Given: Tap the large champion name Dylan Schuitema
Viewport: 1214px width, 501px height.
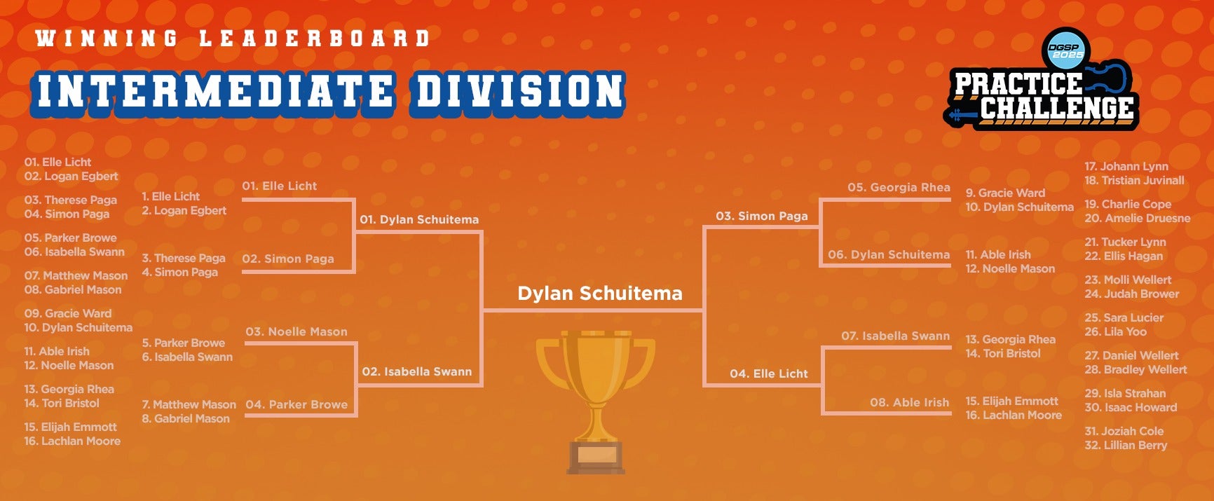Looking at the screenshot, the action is tap(600, 293).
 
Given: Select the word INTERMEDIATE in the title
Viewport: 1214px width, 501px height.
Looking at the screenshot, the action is tap(215, 92).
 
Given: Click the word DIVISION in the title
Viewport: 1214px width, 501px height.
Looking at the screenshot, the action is tap(519, 92).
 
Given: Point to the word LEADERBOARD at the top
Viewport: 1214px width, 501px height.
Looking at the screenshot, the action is tap(314, 38).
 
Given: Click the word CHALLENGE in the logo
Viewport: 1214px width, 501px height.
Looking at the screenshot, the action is tap(1056, 107).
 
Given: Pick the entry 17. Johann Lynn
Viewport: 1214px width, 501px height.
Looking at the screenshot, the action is tap(1126, 166).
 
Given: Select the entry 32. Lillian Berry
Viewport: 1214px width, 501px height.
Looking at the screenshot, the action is tap(1126, 445).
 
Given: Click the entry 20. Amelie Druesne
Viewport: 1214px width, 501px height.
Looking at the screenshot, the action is tap(1137, 218).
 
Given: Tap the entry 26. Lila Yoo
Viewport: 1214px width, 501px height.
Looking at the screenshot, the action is tap(1115, 331).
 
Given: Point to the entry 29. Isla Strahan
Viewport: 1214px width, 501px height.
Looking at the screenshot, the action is tap(1125, 393).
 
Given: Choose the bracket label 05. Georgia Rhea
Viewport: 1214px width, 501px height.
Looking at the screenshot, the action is tap(899, 187).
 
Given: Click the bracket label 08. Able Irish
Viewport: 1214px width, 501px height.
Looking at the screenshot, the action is tap(909, 402).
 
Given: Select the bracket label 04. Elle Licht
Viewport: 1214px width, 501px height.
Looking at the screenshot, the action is tap(769, 373).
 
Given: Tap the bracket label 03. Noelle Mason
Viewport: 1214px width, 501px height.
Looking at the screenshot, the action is tap(296, 331).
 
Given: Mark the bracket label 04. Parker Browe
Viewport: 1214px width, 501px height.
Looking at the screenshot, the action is tap(296, 404).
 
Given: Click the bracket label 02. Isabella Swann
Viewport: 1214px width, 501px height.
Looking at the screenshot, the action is tap(417, 371).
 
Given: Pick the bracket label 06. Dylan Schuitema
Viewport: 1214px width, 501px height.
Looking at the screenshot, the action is tap(889, 254).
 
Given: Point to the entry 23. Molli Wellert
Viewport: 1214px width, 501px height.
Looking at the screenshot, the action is tap(1128, 280).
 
